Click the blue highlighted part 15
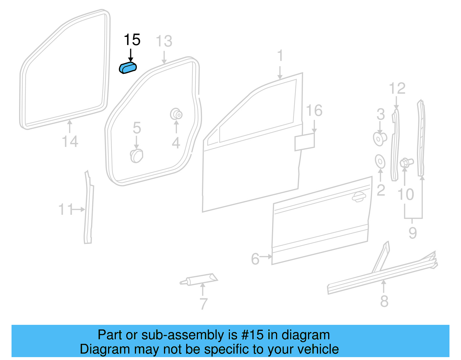[128, 68]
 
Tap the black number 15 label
[132, 40]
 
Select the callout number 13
[164, 41]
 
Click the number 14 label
[70, 142]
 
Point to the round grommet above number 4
[176, 114]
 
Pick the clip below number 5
[137, 156]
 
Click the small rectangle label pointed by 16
[304, 142]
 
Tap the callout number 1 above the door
[280, 56]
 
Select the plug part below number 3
[379, 138]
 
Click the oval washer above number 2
[380, 161]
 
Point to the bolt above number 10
[406, 163]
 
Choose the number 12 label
[397, 88]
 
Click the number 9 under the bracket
[413, 233]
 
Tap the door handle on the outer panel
[359, 197]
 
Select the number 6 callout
[255, 259]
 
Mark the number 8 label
[384, 301]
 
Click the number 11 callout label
[66, 209]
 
